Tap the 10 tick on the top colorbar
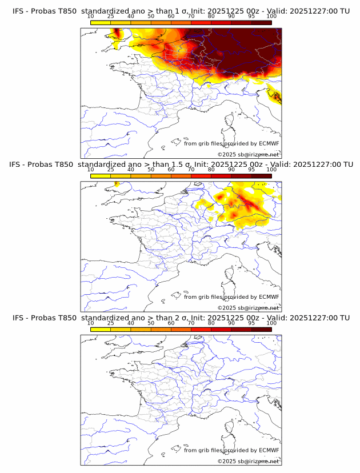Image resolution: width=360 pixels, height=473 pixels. tap(91, 16)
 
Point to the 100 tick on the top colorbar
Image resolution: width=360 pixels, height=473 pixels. tap(271, 16)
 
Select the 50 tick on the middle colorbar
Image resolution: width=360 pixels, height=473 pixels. tap(151, 170)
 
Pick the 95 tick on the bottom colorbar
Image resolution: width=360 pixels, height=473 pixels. tap(251, 323)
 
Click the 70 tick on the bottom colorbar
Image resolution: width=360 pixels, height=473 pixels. tap(191, 323)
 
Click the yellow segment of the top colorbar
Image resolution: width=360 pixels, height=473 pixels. tap(101, 22)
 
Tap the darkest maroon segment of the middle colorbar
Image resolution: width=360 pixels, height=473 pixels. tap(261, 176)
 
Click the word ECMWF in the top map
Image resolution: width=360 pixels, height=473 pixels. tap(269, 144)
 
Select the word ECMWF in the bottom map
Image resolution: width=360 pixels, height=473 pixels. tap(269, 450)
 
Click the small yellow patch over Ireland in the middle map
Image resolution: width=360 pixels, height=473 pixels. tap(115, 184)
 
